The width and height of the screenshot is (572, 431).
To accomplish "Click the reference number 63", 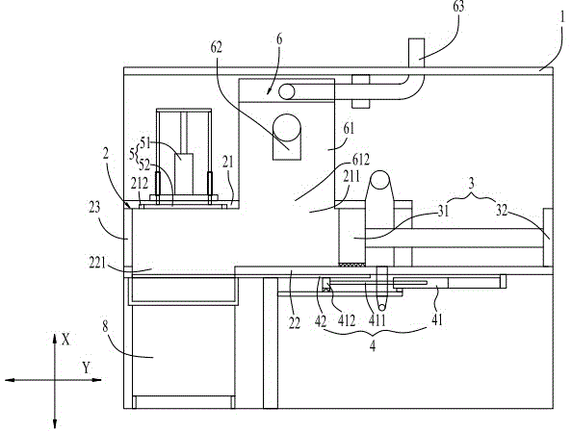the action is click(458, 6).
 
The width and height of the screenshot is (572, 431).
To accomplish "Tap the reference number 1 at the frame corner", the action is click(563, 16).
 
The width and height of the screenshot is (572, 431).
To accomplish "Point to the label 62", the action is click(217, 47).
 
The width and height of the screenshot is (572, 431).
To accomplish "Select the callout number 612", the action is click(361, 159).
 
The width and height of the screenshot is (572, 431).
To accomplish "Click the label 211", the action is click(351, 176).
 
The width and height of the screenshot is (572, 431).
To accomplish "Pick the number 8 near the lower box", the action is click(105, 326).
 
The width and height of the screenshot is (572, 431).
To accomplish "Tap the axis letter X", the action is click(65, 340).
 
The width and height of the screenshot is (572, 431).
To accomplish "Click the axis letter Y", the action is click(86, 368).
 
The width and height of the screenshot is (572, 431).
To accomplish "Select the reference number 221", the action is click(98, 263).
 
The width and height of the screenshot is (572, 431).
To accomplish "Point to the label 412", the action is click(347, 320).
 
